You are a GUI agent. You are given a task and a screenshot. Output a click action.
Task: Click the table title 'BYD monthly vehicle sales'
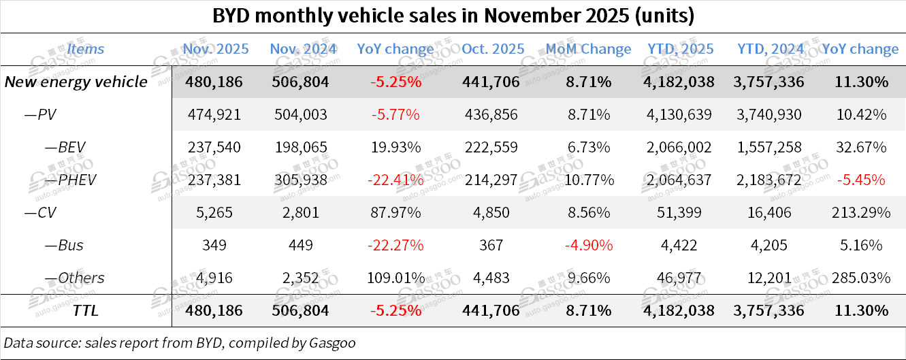453,16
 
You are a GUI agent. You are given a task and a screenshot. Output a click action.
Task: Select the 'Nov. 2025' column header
216,49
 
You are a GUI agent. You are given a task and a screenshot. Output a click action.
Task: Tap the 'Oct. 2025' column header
493,49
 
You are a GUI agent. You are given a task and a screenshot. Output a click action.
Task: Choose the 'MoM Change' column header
588,49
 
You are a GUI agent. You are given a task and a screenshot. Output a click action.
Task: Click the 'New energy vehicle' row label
76,82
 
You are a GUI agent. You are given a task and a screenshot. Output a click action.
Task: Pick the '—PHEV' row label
61,180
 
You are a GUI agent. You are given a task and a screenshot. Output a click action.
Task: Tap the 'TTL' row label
86,310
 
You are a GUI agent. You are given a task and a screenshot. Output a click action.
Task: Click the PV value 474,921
216,115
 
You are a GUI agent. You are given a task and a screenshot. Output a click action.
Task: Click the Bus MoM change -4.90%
588,245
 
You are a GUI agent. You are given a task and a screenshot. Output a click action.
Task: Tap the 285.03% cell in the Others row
861,278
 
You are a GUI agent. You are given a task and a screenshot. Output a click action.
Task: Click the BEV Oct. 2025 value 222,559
493,148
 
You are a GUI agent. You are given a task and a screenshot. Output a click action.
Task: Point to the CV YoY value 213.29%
861,212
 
